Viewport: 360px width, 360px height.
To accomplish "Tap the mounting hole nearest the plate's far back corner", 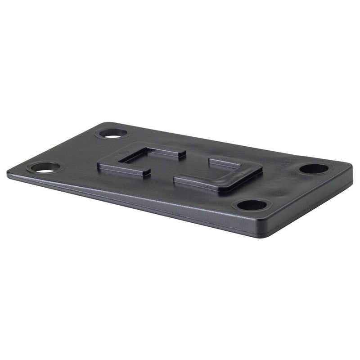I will pyautogui.click(x=111, y=134).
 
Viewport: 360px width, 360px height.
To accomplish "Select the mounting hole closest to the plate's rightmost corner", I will pyautogui.click(x=314, y=169).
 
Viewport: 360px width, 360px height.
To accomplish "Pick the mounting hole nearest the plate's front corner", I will pyautogui.click(x=252, y=205).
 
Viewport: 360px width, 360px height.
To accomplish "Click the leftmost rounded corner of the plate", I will pyautogui.click(x=10, y=172).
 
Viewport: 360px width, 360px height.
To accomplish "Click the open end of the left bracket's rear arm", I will pyautogui.click(x=182, y=153).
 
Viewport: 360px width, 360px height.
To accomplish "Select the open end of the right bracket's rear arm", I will pyautogui.click(x=211, y=159).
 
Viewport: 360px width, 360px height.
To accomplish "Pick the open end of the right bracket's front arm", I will pyautogui.click(x=177, y=180).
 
